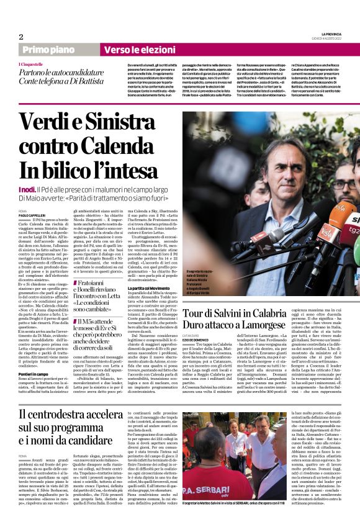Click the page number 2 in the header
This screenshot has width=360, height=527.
coord(20,37)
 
